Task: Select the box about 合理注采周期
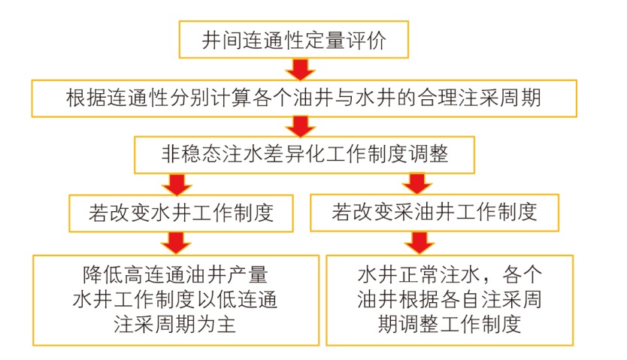tap(303, 97)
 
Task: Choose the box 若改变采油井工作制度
tap(435, 211)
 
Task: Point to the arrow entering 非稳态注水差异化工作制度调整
tap(301, 126)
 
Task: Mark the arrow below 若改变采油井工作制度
tap(418, 241)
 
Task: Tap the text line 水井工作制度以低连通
tap(174, 299)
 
